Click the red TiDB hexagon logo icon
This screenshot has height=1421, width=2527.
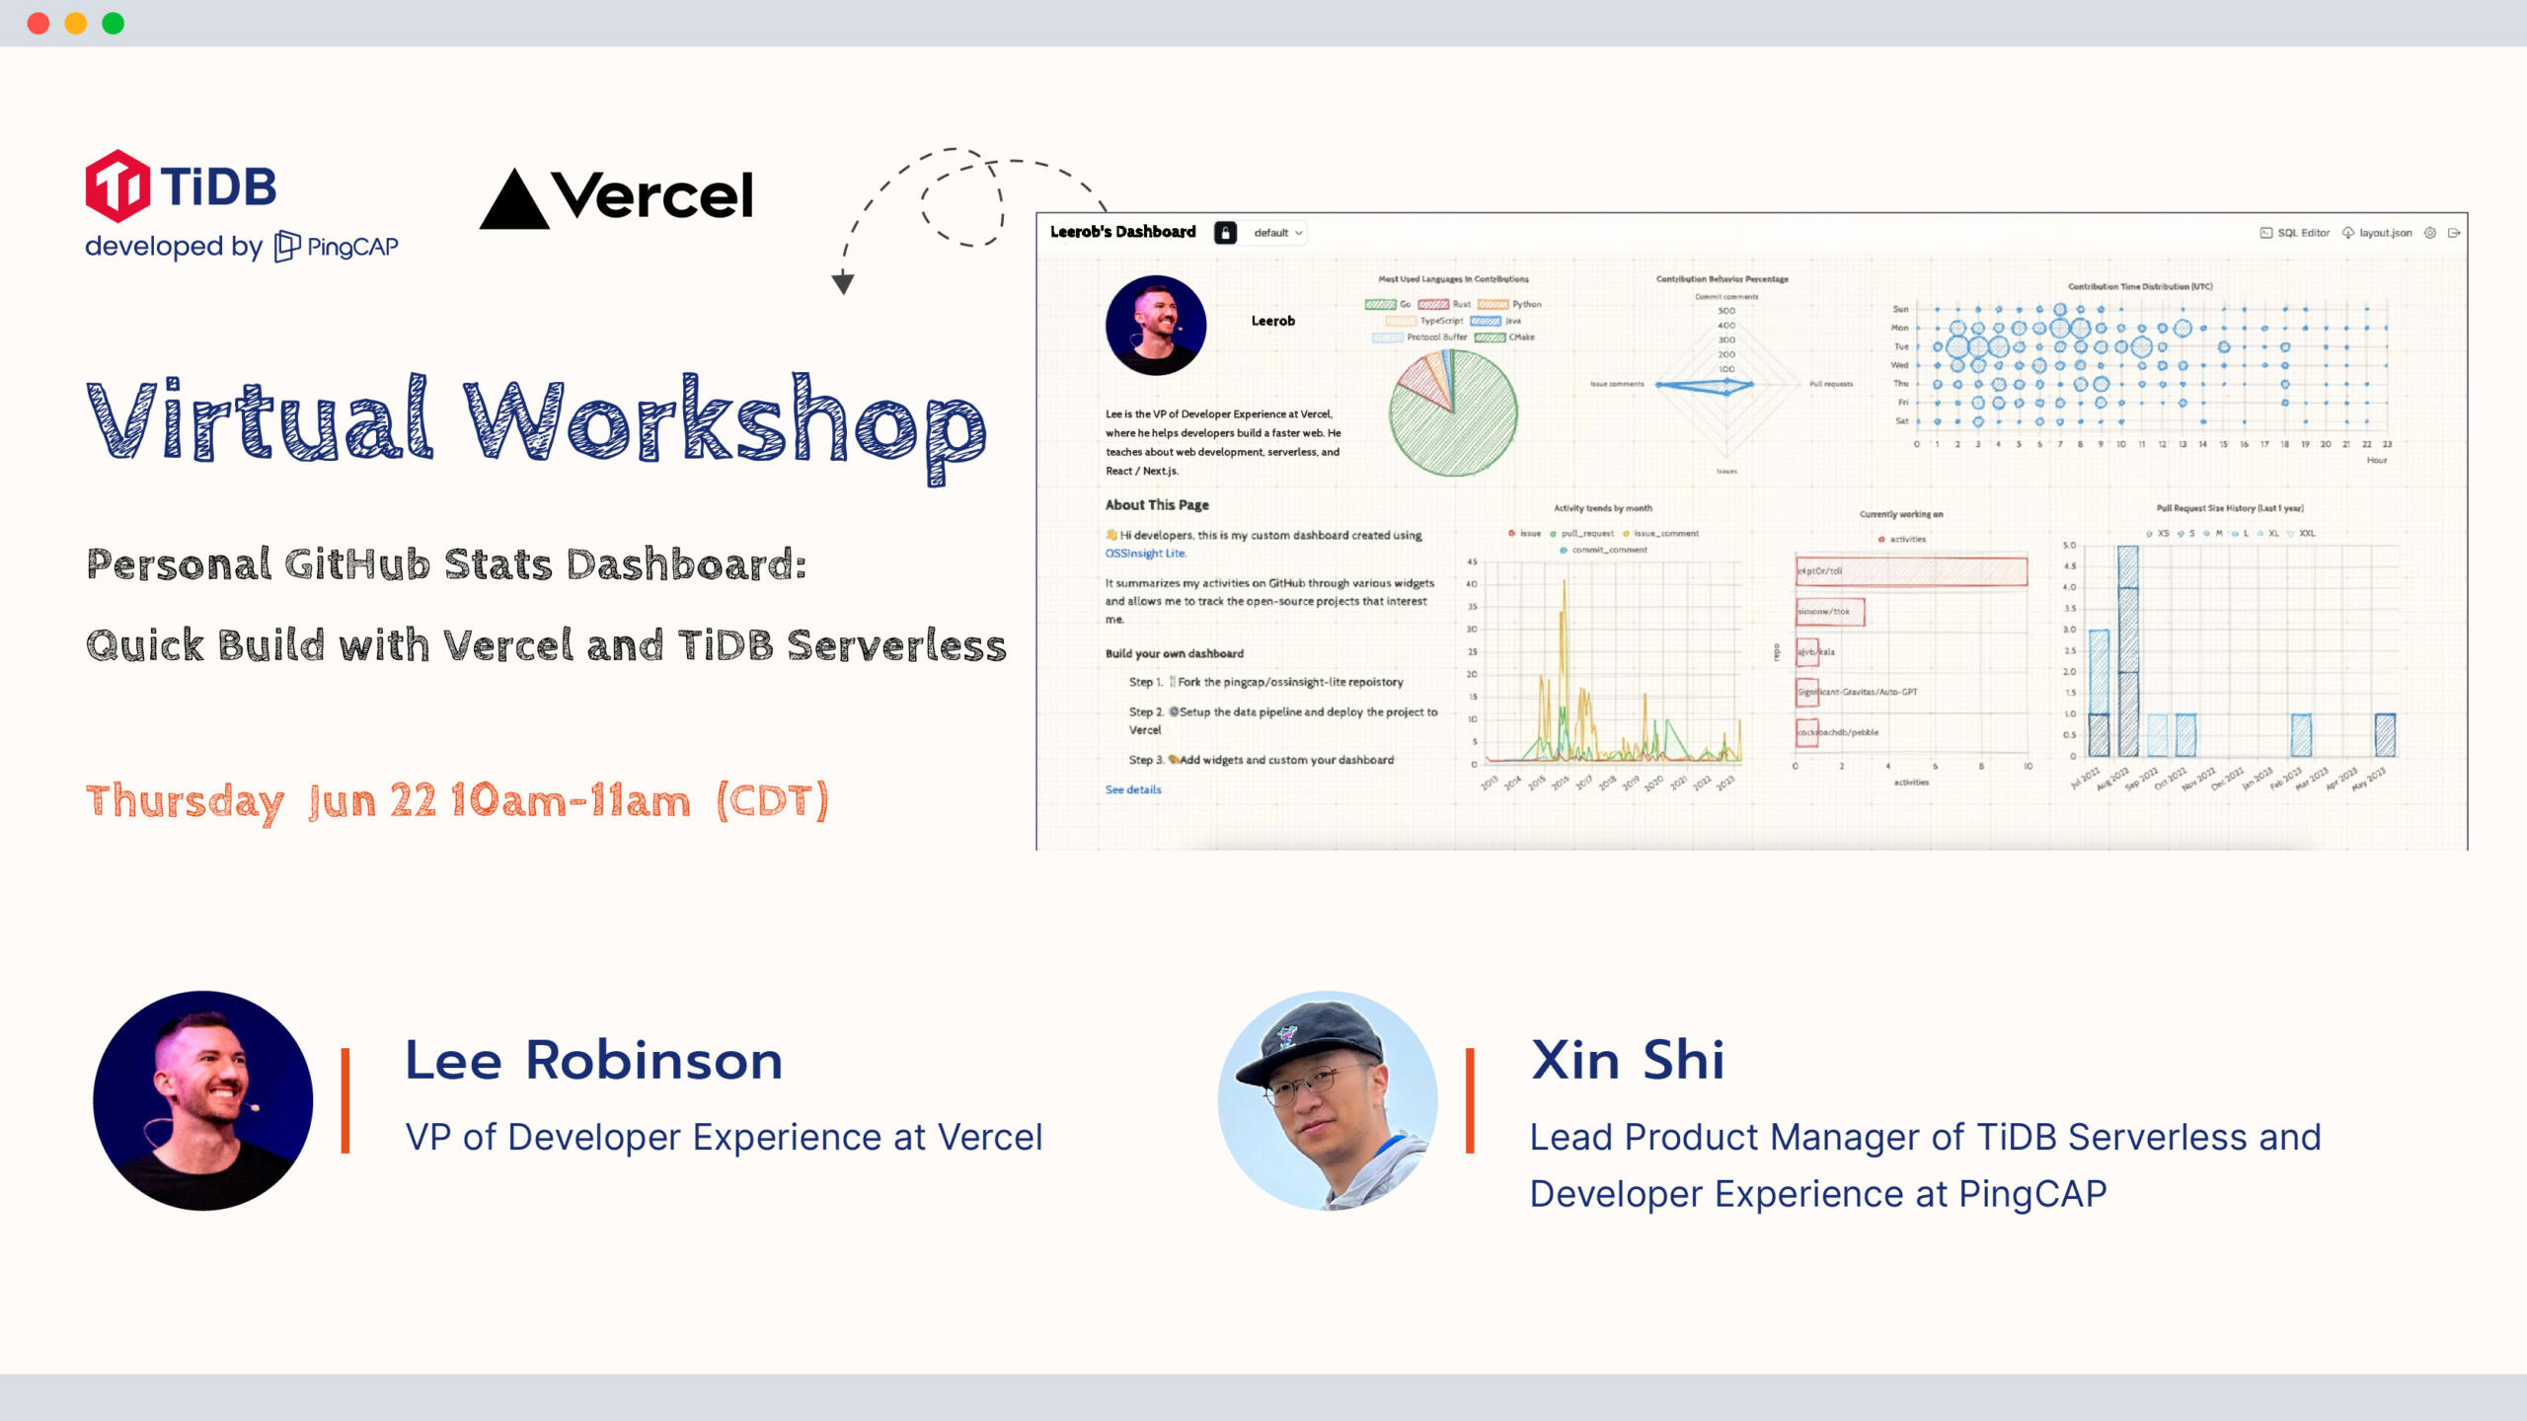[117, 186]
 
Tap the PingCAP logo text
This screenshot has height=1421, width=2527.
[351, 247]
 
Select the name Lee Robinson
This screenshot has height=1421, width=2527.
[593, 1061]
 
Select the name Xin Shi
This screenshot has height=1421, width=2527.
[1627, 1061]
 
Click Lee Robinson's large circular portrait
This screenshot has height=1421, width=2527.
[203, 1100]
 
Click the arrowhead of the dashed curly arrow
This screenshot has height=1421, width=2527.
[842, 284]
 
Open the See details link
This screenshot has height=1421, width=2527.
[1133, 789]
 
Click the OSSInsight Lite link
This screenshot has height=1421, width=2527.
[1145, 554]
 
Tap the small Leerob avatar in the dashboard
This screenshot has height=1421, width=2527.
[1156, 325]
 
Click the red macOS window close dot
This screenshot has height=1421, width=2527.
[38, 24]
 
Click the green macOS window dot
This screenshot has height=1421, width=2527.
[114, 24]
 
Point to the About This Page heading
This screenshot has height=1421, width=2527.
[1157, 505]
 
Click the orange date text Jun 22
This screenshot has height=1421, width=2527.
[372, 801]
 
